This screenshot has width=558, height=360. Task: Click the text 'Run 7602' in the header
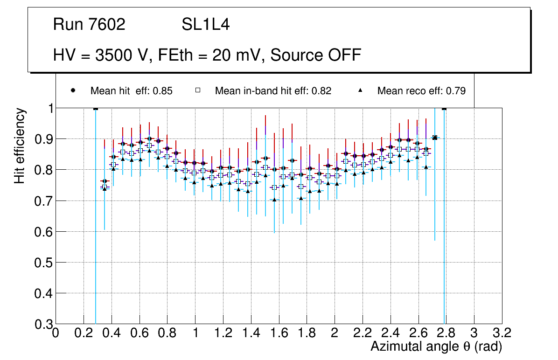89,25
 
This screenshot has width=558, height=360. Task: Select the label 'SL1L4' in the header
205,25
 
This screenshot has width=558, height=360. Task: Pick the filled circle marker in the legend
73,90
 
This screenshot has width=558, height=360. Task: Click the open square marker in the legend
198,90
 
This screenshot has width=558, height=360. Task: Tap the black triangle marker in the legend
361,90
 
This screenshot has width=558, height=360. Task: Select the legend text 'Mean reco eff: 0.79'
421,91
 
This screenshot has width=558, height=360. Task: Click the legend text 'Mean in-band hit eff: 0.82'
273,91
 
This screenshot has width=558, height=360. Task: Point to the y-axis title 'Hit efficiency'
20,145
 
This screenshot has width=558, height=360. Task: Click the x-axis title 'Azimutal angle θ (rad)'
437,346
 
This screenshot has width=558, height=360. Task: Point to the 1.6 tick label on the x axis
279,333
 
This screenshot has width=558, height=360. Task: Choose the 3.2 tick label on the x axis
502,333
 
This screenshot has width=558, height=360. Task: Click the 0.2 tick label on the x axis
84,333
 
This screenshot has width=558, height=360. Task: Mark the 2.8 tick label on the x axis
446,333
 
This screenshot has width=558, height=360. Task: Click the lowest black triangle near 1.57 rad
274,200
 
